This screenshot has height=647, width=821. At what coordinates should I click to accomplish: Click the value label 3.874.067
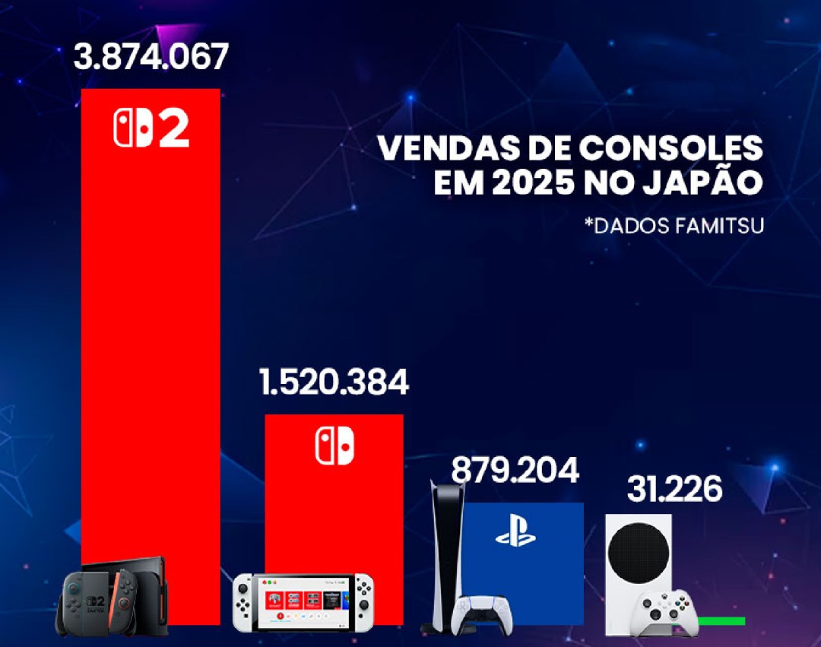(x=151, y=57)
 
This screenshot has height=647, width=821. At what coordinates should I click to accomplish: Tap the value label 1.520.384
(x=334, y=382)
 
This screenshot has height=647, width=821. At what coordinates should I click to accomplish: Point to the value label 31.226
(x=674, y=490)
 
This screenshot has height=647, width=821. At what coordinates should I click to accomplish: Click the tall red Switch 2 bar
(x=151, y=342)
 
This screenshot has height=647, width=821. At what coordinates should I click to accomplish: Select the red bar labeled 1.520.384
(x=334, y=517)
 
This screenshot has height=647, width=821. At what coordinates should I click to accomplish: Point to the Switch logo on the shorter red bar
(x=334, y=446)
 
